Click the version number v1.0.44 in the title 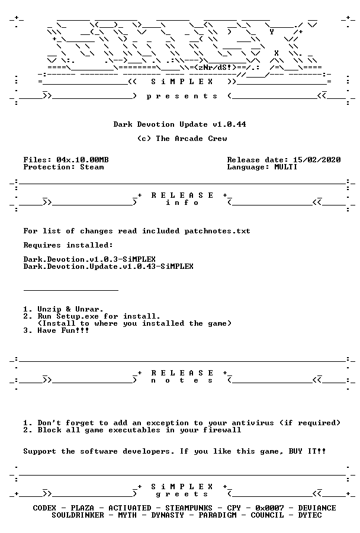click(x=229, y=124)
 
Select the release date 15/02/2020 click(x=317, y=160)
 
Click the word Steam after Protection click(x=92, y=167)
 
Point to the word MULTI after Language click(x=285, y=167)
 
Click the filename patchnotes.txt click(x=217, y=231)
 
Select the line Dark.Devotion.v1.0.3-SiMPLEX click(x=89, y=259)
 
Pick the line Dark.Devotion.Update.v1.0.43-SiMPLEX click(x=108, y=266)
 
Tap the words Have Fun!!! click(x=63, y=330)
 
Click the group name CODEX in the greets click(x=44, y=508)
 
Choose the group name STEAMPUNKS click(x=189, y=508)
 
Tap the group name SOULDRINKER click(x=78, y=515)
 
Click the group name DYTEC click(x=310, y=515)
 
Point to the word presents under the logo click(x=182, y=96)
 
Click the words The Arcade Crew click(x=191, y=139)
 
